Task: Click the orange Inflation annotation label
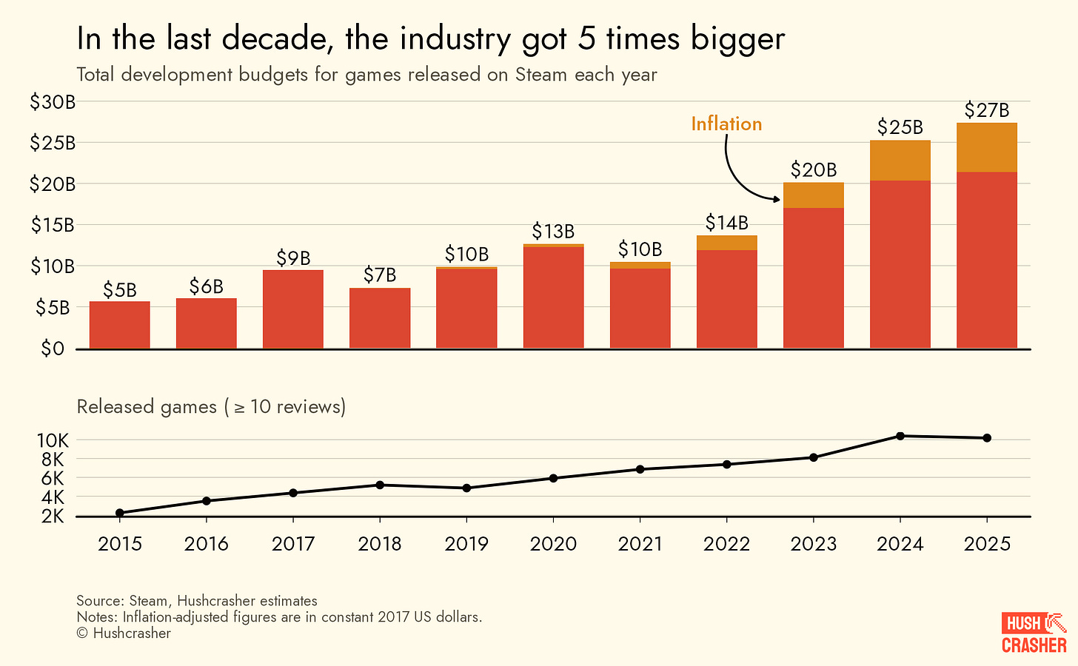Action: [726, 124]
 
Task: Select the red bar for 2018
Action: [380, 318]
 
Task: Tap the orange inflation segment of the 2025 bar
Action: [986, 148]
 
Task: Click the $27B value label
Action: [986, 110]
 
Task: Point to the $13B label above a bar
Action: [553, 232]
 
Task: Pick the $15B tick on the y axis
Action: [53, 225]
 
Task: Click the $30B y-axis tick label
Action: [53, 102]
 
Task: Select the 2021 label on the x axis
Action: [640, 544]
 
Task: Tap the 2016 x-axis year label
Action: [206, 544]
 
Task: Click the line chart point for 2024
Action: [900, 436]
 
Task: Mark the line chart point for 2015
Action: [120, 513]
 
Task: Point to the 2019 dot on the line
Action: [466, 488]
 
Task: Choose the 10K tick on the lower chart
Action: [53, 440]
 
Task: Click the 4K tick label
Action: [53, 497]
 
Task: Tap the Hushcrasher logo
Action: [1034, 633]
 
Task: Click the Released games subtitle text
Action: [211, 406]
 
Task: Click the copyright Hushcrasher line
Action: [124, 633]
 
